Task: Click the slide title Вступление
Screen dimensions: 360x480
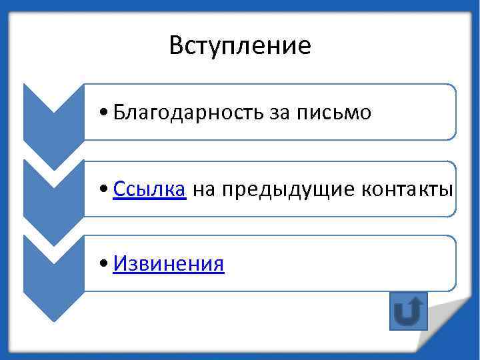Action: (240, 45)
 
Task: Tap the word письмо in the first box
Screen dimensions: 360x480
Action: (339, 113)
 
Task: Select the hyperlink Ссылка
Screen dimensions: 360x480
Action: (149, 189)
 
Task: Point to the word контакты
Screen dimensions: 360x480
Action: (407, 189)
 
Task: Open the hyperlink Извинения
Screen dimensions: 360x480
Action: (169, 265)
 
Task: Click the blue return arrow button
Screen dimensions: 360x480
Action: (407, 311)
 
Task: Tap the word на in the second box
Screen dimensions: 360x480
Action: (204, 190)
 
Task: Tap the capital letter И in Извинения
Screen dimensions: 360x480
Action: (120, 265)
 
